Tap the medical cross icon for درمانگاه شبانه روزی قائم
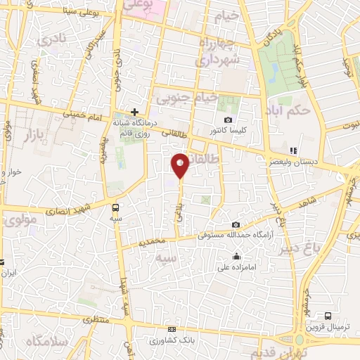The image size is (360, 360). tap(135, 112)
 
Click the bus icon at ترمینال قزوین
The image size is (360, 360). tap(328, 316)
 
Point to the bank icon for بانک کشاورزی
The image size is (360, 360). tap(169, 329)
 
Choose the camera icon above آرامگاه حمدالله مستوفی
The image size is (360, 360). tap(234, 224)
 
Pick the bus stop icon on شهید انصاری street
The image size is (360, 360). tap(115, 207)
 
